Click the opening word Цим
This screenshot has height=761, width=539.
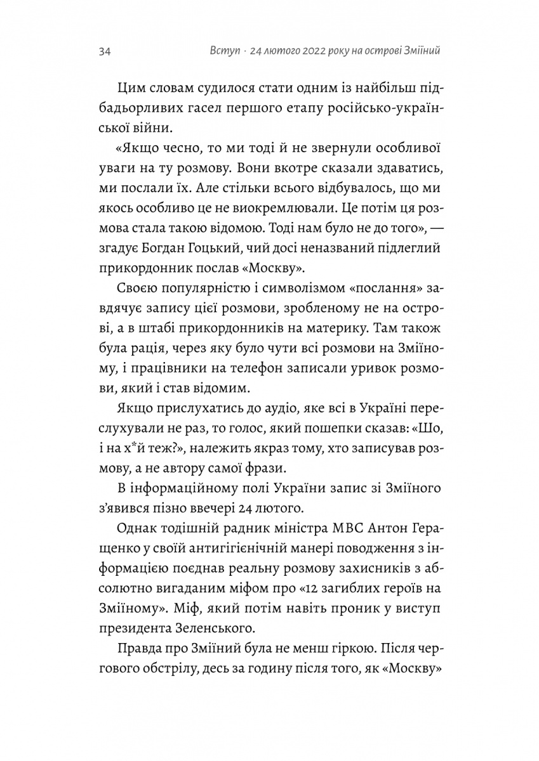coord(131,89)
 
